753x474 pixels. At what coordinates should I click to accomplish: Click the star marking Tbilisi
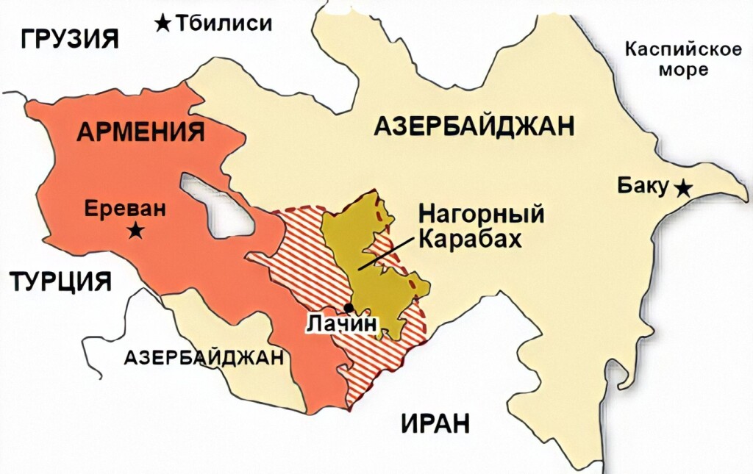click(163, 24)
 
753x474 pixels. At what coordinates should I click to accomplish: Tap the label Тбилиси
click(224, 24)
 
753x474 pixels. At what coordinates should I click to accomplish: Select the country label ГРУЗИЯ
click(70, 38)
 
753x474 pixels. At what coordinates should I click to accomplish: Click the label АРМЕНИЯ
click(140, 132)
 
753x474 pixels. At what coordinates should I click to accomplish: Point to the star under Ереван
click(136, 231)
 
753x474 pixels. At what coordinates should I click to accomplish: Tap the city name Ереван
click(126, 208)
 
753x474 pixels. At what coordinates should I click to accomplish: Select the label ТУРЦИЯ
click(60, 281)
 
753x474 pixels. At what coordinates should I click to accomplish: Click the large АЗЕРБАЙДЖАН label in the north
click(474, 126)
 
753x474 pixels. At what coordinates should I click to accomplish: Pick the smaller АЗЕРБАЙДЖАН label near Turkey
click(204, 358)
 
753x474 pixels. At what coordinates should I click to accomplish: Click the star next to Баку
click(683, 188)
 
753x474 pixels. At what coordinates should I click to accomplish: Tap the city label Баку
click(643, 187)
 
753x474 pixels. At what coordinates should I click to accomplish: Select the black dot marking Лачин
click(348, 307)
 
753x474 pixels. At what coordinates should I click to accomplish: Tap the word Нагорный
click(482, 215)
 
